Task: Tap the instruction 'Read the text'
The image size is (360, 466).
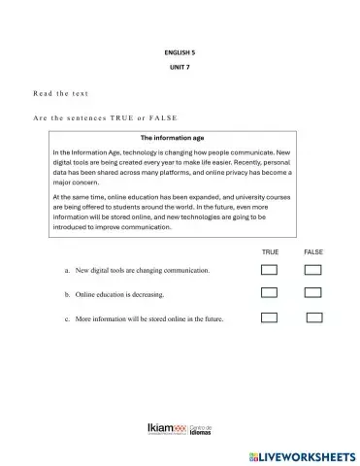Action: point(60,93)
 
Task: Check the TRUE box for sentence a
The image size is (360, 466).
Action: point(270,270)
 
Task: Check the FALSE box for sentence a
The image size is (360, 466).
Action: point(312,270)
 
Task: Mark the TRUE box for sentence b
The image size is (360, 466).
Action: point(270,293)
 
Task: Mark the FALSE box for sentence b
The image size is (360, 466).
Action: point(312,293)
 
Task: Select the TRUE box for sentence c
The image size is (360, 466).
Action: point(270,316)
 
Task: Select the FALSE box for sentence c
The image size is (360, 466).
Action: point(314,316)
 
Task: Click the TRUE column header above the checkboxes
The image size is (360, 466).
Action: point(270,251)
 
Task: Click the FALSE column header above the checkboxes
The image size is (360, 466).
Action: point(313,251)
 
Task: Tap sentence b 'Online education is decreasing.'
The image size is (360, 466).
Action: point(114,293)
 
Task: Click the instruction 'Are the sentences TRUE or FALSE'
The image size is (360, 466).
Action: point(101,116)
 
